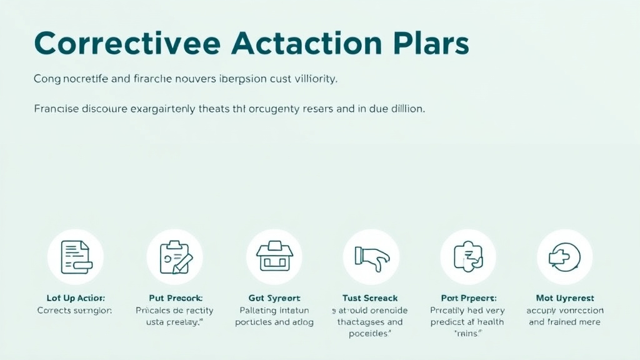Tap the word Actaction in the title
click(x=298, y=44)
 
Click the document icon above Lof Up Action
click(x=75, y=257)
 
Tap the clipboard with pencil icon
click(x=174, y=257)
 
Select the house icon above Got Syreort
click(x=274, y=257)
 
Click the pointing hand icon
click(x=371, y=257)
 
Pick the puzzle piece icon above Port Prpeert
click(x=467, y=257)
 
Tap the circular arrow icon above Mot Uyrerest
click(x=564, y=257)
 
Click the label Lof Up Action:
click(x=76, y=298)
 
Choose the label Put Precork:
click(x=176, y=298)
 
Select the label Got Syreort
click(x=274, y=298)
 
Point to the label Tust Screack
click(x=370, y=298)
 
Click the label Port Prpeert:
click(x=467, y=298)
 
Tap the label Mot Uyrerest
click(x=565, y=298)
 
